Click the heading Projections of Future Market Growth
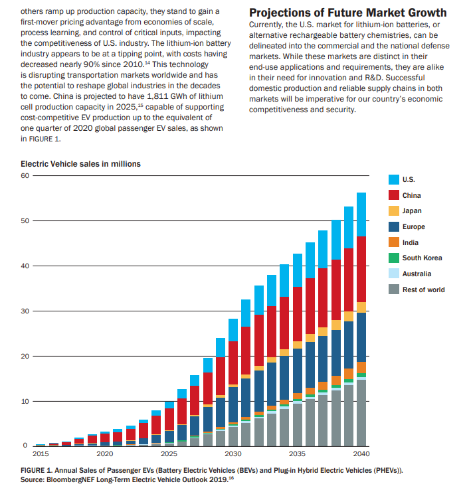(347, 13)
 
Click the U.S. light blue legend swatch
(393, 179)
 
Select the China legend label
(411, 195)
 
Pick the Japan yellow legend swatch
(393, 211)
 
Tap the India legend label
(410, 242)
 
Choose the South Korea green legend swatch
(393, 258)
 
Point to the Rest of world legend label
(423, 289)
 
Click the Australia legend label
(418, 274)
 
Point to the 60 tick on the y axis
(25, 175)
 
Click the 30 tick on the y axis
(25, 311)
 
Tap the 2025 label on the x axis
(169, 454)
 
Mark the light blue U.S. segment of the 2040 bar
(361, 214)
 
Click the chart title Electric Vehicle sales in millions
(80, 163)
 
